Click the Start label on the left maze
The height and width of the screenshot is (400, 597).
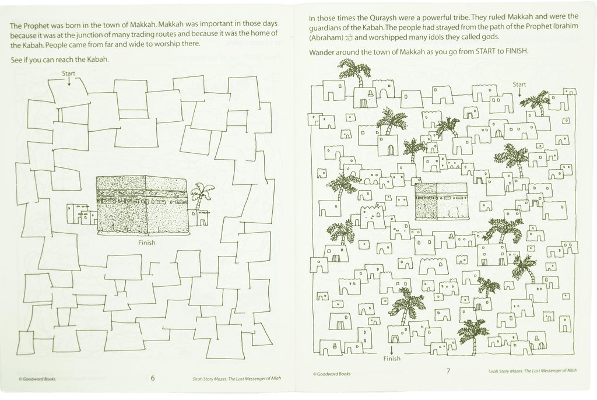(69, 73)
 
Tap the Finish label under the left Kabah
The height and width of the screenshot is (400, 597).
(146, 243)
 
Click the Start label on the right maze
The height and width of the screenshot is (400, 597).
(519, 85)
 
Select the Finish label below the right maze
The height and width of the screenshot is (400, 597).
(392, 359)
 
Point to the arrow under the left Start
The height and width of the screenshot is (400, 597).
(69, 81)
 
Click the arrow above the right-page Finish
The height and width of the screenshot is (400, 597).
(392, 350)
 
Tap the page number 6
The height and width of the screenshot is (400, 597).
(153, 378)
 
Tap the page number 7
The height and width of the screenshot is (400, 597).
(448, 371)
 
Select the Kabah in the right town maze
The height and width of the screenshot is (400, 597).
(441, 202)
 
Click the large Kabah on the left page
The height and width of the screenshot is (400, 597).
(142, 205)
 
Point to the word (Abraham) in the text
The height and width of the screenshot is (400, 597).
(326, 37)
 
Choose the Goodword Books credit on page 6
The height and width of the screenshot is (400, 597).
(37, 379)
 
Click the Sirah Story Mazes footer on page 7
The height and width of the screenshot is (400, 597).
(533, 371)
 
